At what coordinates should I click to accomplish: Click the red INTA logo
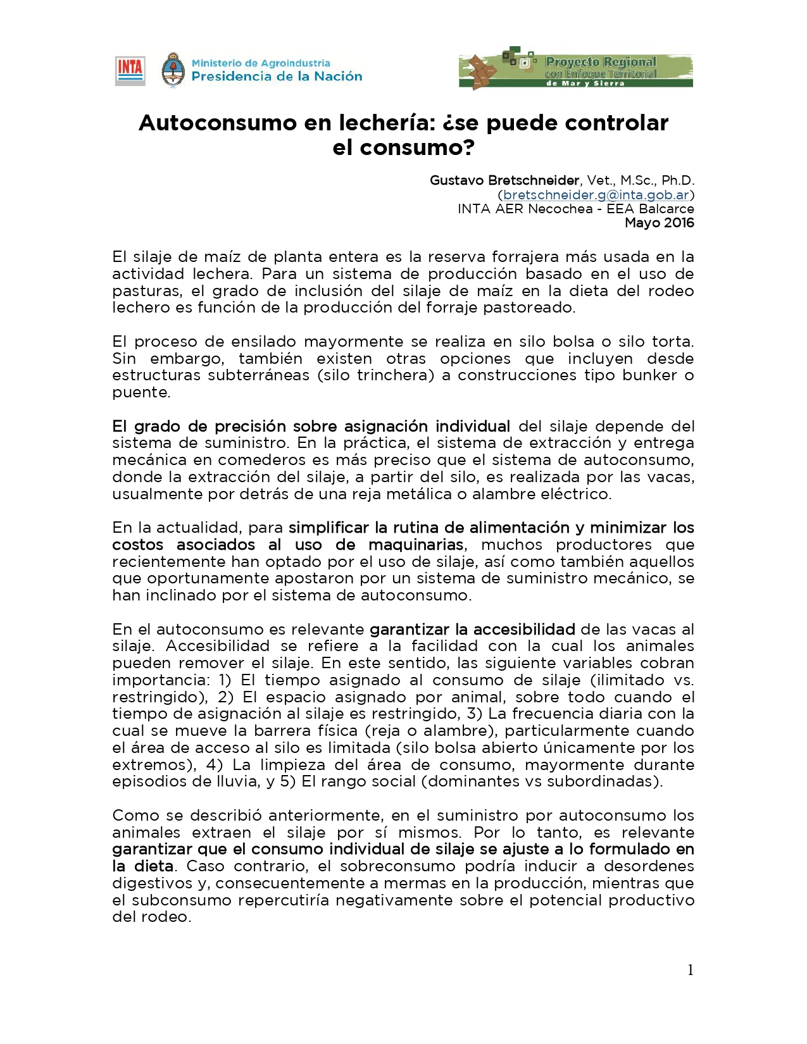click(130, 71)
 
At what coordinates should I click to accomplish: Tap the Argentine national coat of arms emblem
click(173, 70)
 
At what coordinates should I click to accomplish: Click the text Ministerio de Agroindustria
click(261, 63)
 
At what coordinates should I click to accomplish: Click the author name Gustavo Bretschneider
click(504, 180)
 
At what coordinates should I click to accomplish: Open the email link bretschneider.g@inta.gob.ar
click(596, 195)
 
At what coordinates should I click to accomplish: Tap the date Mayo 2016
click(659, 223)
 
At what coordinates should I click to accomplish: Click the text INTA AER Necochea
click(525, 209)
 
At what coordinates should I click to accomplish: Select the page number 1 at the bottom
click(690, 970)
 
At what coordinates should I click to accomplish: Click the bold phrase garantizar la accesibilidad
click(472, 630)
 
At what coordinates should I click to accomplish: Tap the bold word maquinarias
click(416, 545)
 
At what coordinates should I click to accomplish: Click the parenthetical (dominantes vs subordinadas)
click(542, 781)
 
